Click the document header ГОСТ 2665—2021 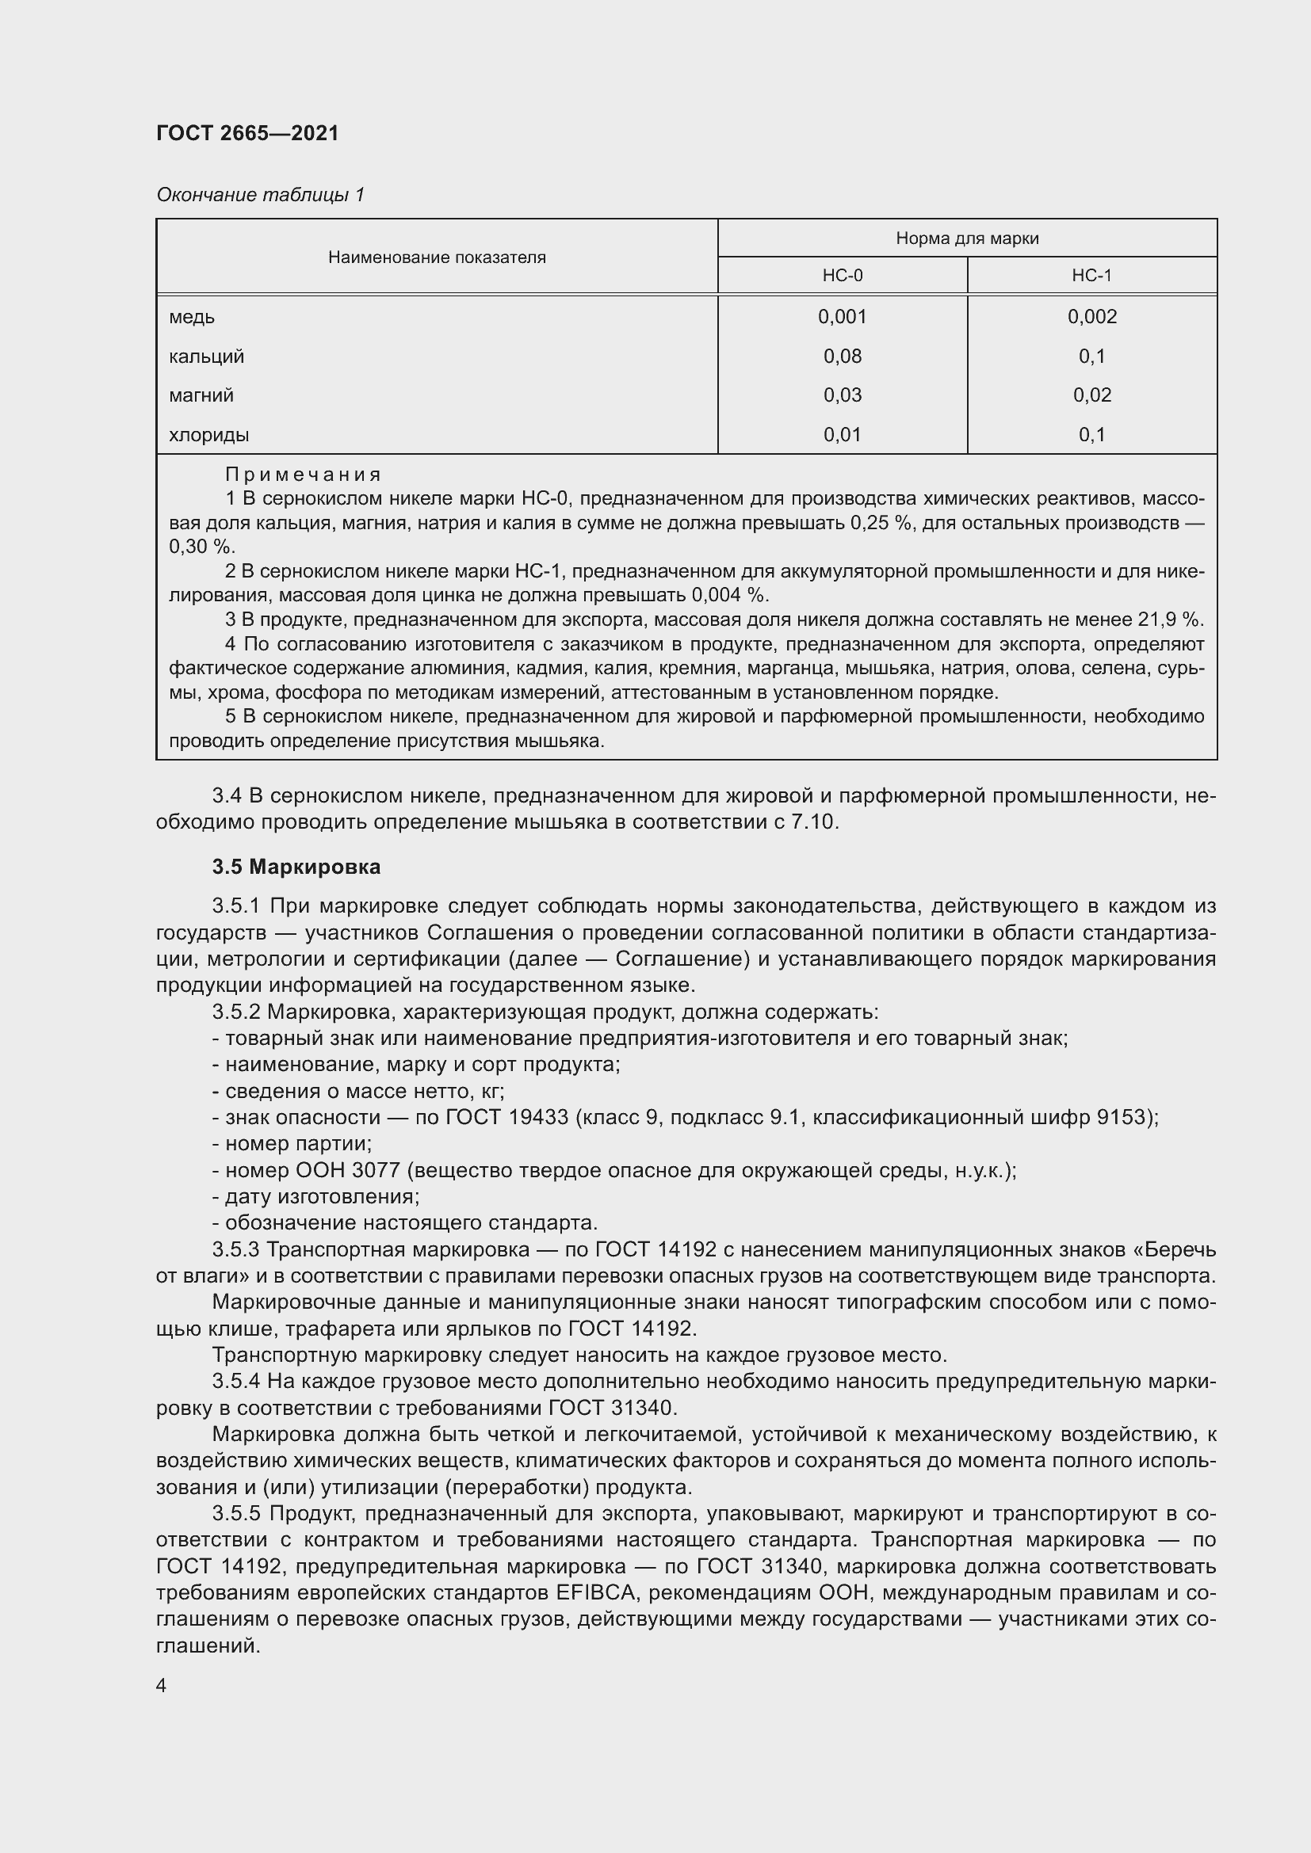(x=247, y=133)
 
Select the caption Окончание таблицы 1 (x=260, y=195)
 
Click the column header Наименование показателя (x=437, y=257)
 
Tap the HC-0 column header (x=842, y=276)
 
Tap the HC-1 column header (x=1091, y=276)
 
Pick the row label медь (x=191, y=317)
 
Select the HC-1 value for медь (x=1091, y=317)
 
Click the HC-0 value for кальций (x=842, y=356)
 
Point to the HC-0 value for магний (x=842, y=395)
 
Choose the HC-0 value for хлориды (x=842, y=435)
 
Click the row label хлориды (x=208, y=436)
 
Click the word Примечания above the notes (x=303, y=475)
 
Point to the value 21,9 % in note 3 (x=1171, y=620)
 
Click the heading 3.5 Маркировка (x=296, y=867)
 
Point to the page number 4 (x=162, y=1686)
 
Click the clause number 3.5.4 (x=235, y=1382)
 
